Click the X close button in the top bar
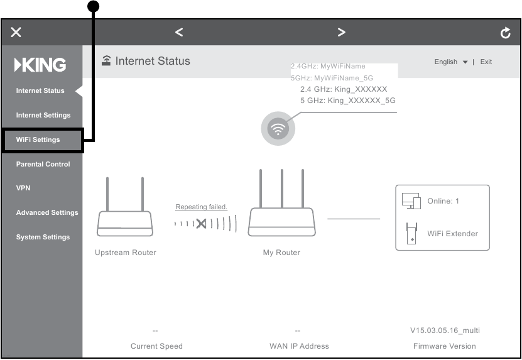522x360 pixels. coord(16,33)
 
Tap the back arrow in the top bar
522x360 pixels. coord(179,32)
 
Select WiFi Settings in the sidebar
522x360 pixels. coord(38,139)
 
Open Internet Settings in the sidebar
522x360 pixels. coord(43,115)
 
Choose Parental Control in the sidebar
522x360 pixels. coord(43,164)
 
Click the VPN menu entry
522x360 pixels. coord(23,188)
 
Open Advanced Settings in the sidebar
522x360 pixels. coord(47,212)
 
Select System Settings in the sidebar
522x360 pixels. coord(43,237)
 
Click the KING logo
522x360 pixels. coord(40,65)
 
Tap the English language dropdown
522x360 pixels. coord(450,62)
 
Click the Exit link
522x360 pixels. coord(486,62)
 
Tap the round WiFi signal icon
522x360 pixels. coord(278,129)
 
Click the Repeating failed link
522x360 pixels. coord(201,207)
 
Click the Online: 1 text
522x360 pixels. coord(443,201)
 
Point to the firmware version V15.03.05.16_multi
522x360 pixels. coord(444,330)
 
